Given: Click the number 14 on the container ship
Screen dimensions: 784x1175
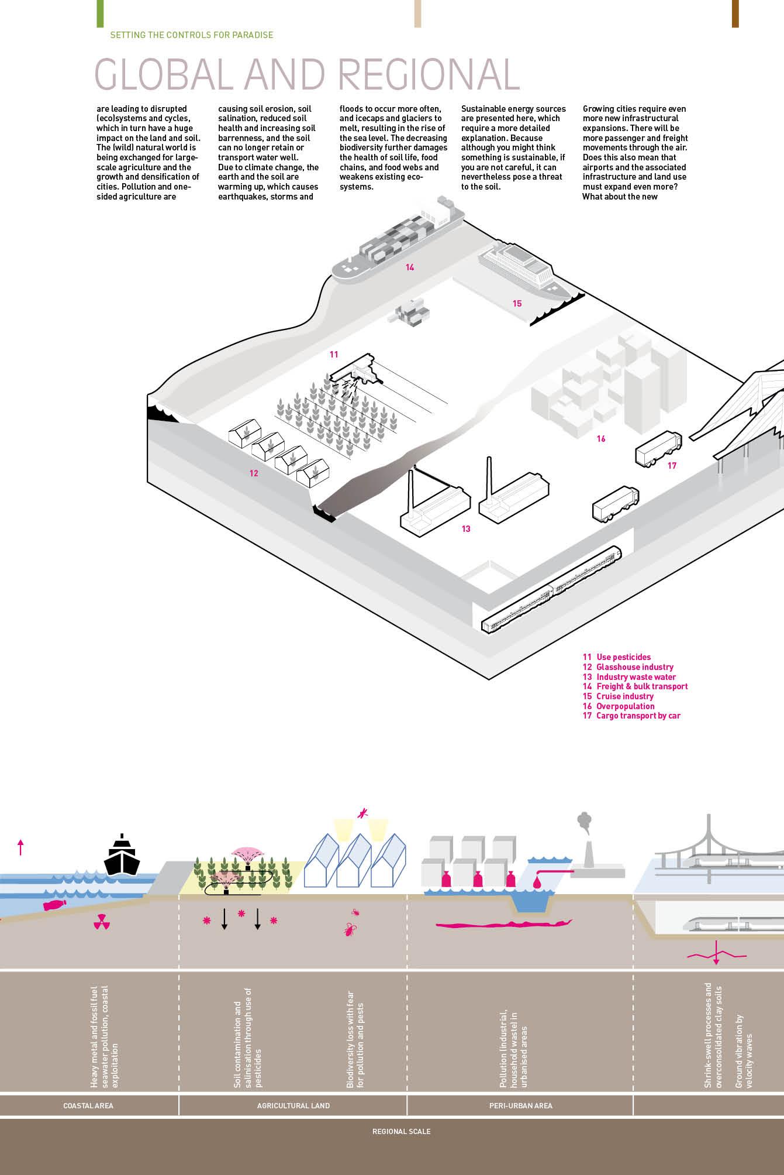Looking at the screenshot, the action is [410, 267].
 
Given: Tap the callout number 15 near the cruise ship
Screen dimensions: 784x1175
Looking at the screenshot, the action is [517, 303].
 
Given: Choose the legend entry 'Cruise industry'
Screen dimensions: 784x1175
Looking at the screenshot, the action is [624, 696].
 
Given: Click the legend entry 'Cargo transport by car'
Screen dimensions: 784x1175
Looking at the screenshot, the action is [638, 716].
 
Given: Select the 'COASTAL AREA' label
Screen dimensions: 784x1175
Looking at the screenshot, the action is [88, 1105].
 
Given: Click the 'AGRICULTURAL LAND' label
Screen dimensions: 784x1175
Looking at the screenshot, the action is [293, 1105].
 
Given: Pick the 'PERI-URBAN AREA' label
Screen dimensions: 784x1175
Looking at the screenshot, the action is [520, 1105].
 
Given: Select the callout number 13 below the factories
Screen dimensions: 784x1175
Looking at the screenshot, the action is [465, 529].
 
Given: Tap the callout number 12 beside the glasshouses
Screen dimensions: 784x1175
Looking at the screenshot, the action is [254, 473].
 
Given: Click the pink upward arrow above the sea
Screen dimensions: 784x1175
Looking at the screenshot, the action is [20, 847].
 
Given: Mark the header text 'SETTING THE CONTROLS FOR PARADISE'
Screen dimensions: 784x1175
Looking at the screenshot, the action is [192, 35].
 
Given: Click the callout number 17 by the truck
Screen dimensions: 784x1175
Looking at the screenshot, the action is [672, 466].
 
